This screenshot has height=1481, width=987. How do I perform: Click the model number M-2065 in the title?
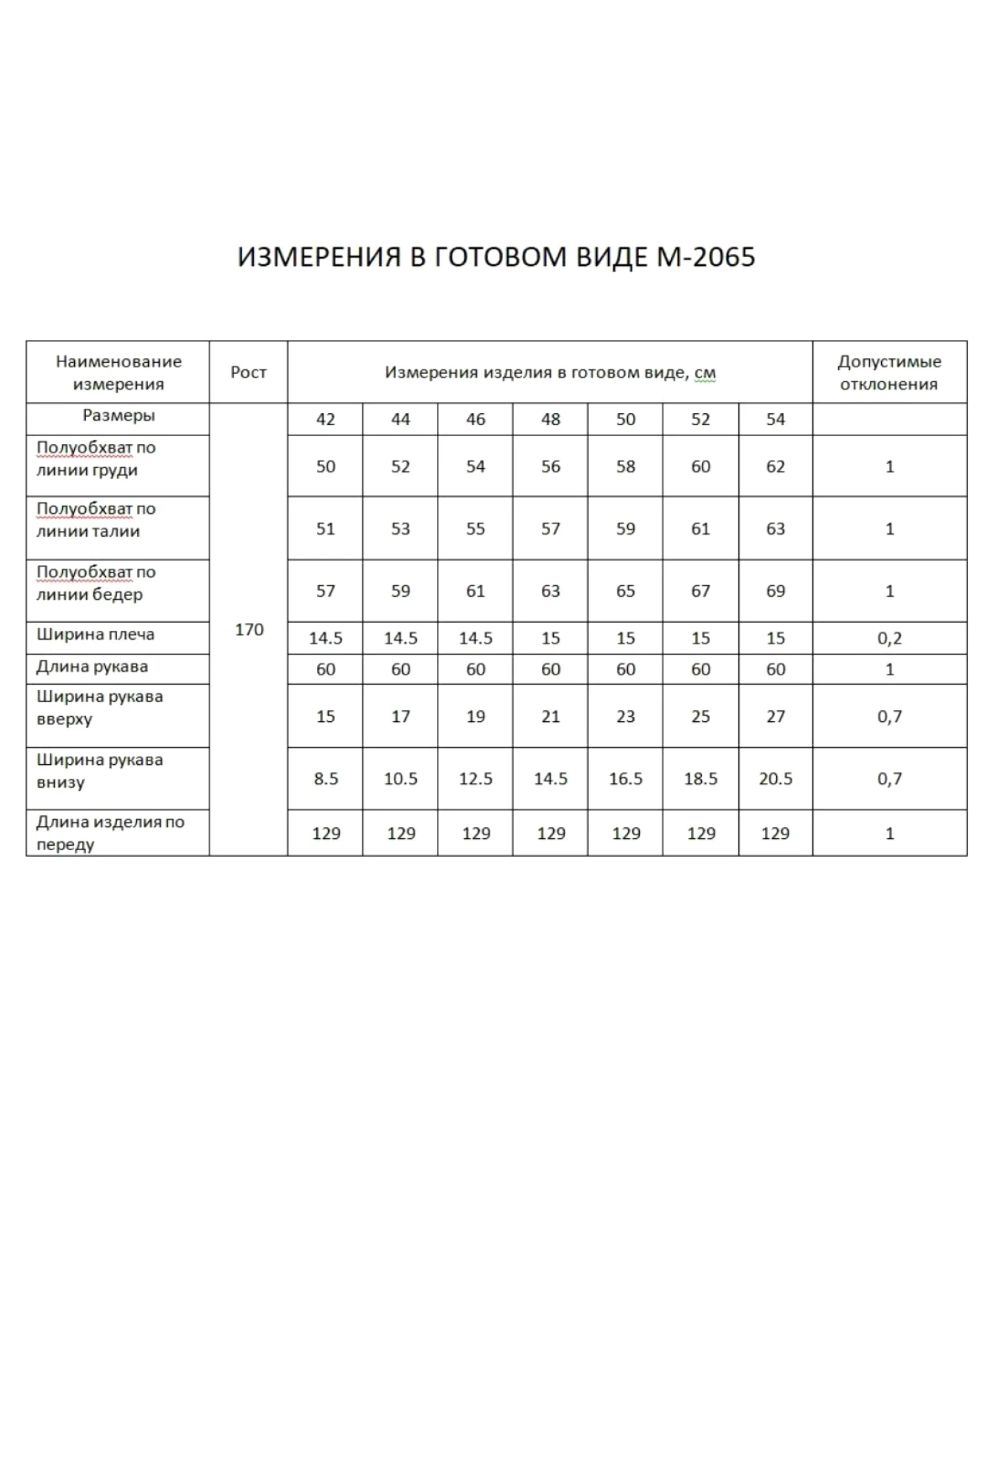706,257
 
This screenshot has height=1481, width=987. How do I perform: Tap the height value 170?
249,629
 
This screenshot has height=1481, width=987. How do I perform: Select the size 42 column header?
325,419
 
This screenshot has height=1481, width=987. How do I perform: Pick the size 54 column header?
774,419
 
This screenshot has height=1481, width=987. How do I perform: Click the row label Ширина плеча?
96,634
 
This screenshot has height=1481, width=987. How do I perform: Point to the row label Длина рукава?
92,666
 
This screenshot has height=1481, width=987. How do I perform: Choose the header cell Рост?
248,372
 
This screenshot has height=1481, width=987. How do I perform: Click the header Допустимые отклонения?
889,372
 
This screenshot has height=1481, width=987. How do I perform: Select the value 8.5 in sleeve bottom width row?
325,778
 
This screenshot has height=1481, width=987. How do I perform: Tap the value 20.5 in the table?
774,778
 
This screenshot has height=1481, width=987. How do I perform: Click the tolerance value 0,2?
889,638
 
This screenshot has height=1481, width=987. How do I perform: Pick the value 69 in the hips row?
774,591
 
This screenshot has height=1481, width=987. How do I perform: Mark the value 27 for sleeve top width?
774,716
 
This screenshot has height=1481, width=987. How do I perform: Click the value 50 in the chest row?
325,467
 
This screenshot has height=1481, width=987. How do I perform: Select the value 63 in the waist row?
774,529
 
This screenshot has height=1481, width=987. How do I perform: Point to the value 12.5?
475,778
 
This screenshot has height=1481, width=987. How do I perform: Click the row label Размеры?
118,415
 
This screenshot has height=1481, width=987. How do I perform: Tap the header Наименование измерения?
118,372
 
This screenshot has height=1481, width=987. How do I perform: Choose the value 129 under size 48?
550,833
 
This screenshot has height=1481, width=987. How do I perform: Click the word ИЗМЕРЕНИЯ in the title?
319,257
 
